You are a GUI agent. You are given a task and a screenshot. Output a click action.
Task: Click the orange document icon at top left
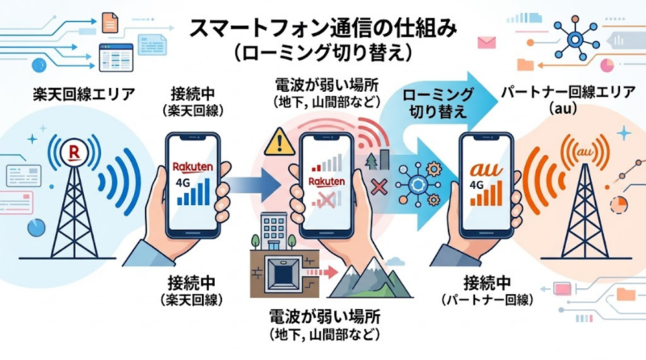(x=110, y=23)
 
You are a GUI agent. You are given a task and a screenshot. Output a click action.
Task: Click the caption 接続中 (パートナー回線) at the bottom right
(x=484, y=290)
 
